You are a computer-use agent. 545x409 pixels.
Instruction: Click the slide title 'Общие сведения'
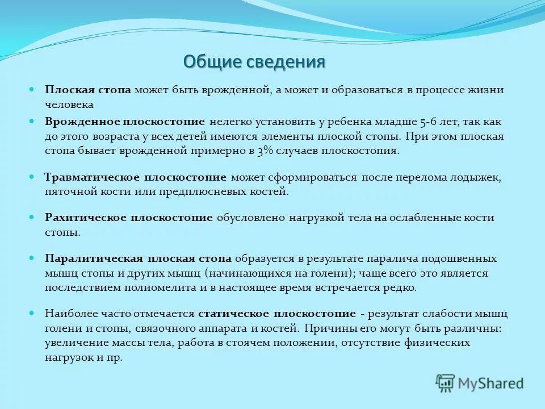point(254,61)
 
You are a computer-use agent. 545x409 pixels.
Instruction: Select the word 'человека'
point(69,105)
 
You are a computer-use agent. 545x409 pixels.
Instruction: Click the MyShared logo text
point(492,383)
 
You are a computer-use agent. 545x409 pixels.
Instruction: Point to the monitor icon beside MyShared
point(446,383)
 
